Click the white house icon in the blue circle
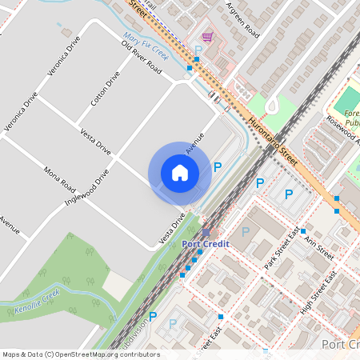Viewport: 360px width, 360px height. [x=180, y=173]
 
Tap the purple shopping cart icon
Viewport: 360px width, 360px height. [x=208, y=37]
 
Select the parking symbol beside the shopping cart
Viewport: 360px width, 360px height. [x=198, y=50]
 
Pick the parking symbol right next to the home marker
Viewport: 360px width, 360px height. [x=217, y=167]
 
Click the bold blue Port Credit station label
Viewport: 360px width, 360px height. [x=206, y=243]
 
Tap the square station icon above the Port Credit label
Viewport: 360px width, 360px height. [x=206, y=233]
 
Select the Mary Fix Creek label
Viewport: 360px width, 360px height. [x=144, y=46]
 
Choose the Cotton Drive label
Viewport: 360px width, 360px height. [x=105, y=88]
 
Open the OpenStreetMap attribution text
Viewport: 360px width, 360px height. [x=80, y=354]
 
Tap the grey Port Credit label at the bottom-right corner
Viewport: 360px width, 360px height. [x=339, y=345]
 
